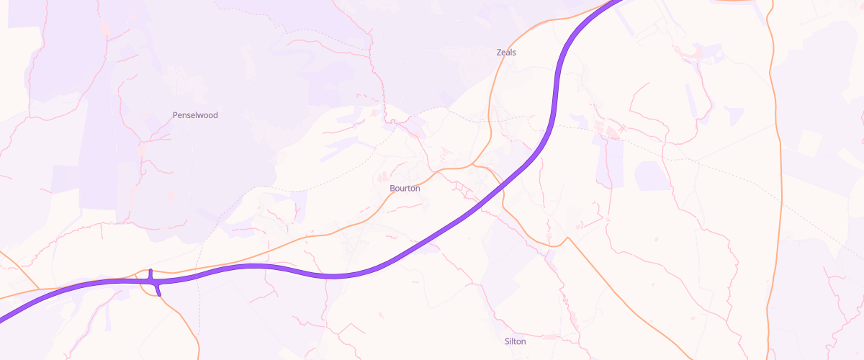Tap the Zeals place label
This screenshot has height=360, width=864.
(506, 53)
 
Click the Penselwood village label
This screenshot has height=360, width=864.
(195, 115)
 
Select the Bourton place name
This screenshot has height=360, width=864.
(405, 188)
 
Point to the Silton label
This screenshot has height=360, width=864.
(516, 341)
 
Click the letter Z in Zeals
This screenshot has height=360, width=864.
(499, 53)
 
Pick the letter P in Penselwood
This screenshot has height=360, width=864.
(176, 115)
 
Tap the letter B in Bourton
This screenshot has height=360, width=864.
(392, 188)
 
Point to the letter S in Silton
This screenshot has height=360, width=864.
(508, 341)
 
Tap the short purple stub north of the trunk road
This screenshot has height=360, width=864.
(150, 274)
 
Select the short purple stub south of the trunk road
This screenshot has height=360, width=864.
(158, 289)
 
